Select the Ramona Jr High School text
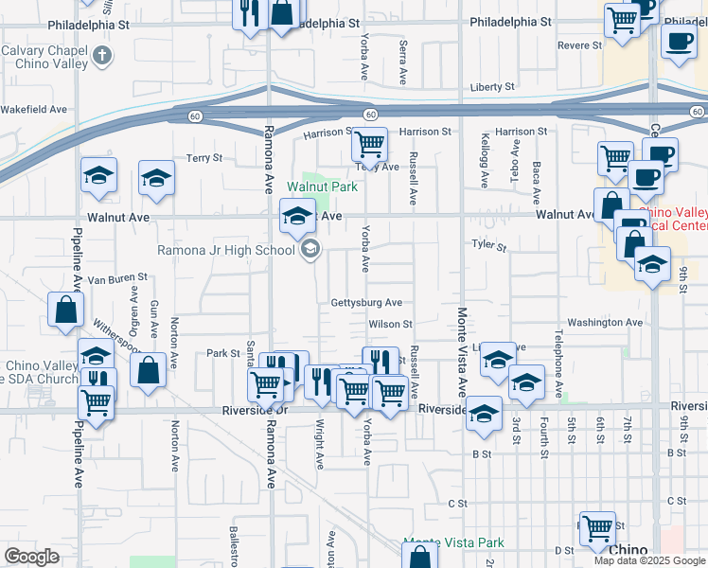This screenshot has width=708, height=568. (x=227, y=251)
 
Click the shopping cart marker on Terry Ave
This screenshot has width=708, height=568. (x=368, y=145)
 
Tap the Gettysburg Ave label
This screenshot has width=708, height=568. (x=366, y=303)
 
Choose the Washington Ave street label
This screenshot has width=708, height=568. (x=606, y=323)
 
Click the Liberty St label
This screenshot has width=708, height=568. (x=492, y=87)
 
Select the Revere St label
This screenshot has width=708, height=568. (x=579, y=44)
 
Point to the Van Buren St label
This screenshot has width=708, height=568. (x=117, y=279)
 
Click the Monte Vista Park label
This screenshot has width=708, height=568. (x=453, y=543)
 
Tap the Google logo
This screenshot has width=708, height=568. (x=31, y=557)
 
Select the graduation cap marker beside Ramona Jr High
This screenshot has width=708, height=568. (x=297, y=217)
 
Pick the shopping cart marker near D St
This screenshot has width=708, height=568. (x=597, y=528)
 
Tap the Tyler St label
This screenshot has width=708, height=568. (x=489, y=246)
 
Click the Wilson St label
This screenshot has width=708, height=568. (x=391, y=324)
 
